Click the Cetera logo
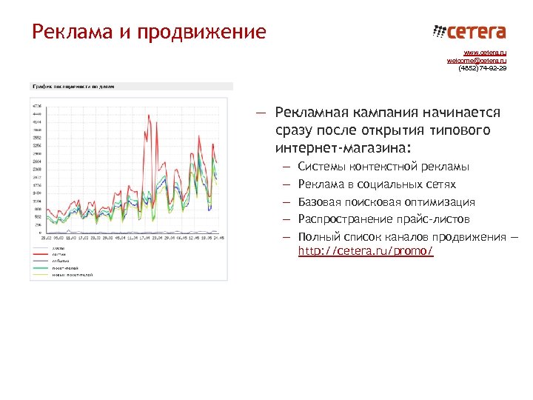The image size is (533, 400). [469, 32]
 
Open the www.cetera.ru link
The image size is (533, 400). [485, 53]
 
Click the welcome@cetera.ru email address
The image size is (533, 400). [477, 61]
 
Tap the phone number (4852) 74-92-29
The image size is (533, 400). [483, 68]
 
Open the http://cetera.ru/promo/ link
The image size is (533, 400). [365, 252]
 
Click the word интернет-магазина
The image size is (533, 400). [339, 147]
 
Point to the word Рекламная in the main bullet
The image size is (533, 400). [310, 113]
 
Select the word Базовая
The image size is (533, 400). [322, 201]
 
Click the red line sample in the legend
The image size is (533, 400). [41, 254]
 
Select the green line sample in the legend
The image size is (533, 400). [41, 267]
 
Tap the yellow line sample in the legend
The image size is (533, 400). [41, 274]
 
